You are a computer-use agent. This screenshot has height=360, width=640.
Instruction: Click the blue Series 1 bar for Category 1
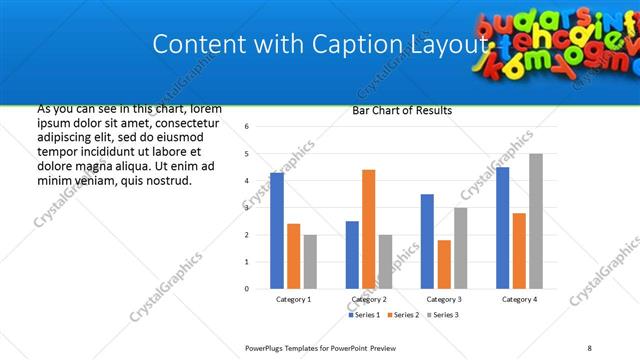point(277,231)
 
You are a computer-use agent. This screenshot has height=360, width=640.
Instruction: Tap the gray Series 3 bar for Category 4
point(536,221)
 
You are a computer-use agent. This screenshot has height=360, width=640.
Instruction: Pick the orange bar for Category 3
point(444,264)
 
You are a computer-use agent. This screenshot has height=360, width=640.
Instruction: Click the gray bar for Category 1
point(310,262)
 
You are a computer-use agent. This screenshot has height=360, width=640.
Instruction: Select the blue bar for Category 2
point(352,255)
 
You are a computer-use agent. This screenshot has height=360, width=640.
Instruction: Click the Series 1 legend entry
point(365,315)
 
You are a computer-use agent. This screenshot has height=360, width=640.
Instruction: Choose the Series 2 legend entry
point(404,315)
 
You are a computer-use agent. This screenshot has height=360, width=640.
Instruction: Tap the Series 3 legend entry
point(444,315)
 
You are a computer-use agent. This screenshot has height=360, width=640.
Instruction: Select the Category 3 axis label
point(444,299)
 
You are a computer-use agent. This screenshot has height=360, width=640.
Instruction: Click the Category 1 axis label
point(293,299)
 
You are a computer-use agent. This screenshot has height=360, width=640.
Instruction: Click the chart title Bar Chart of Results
point(402,111)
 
